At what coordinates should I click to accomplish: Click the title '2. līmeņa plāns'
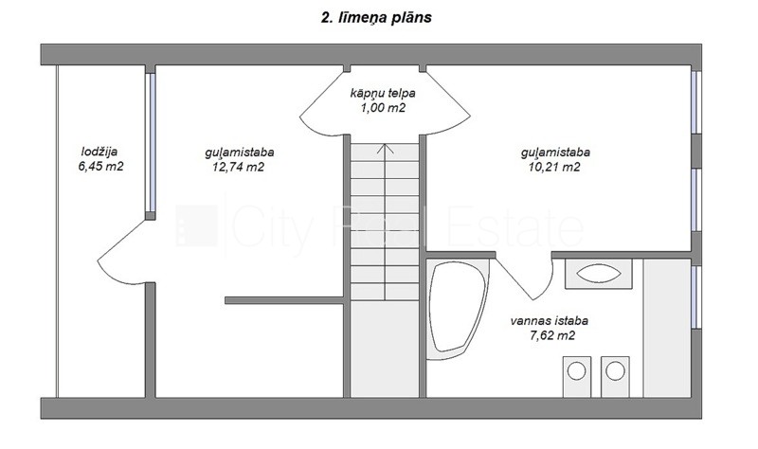(376, 18)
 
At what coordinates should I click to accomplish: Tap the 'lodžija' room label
(99, 152)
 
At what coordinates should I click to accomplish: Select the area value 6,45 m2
(100, 167)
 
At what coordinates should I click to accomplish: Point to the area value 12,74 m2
(239, 168)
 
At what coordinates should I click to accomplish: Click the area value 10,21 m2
(554, 168)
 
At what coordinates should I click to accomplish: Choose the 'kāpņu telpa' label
(383, 93)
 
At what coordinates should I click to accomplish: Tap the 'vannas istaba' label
(550, 320)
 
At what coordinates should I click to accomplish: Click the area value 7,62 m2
(552, 335)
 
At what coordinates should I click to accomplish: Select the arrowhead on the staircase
(385, 149)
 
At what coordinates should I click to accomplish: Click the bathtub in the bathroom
(458, 310)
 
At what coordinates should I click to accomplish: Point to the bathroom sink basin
(599, 273)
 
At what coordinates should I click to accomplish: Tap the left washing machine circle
(577, 371)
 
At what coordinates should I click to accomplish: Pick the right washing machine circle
(615, 371)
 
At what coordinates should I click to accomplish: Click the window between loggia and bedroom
(151, 143)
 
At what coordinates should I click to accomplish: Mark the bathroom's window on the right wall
(695, 296)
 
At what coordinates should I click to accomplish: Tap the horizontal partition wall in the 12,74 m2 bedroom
(285, 300)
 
